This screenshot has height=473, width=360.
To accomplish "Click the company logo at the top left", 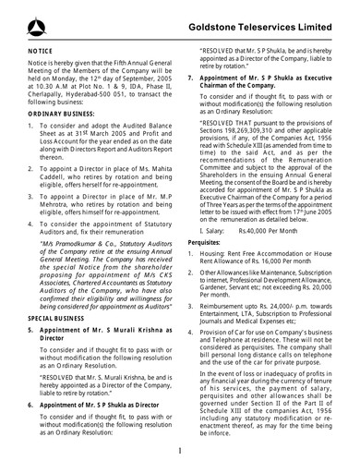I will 20,18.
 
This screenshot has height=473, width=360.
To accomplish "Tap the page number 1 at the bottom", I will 179,452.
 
